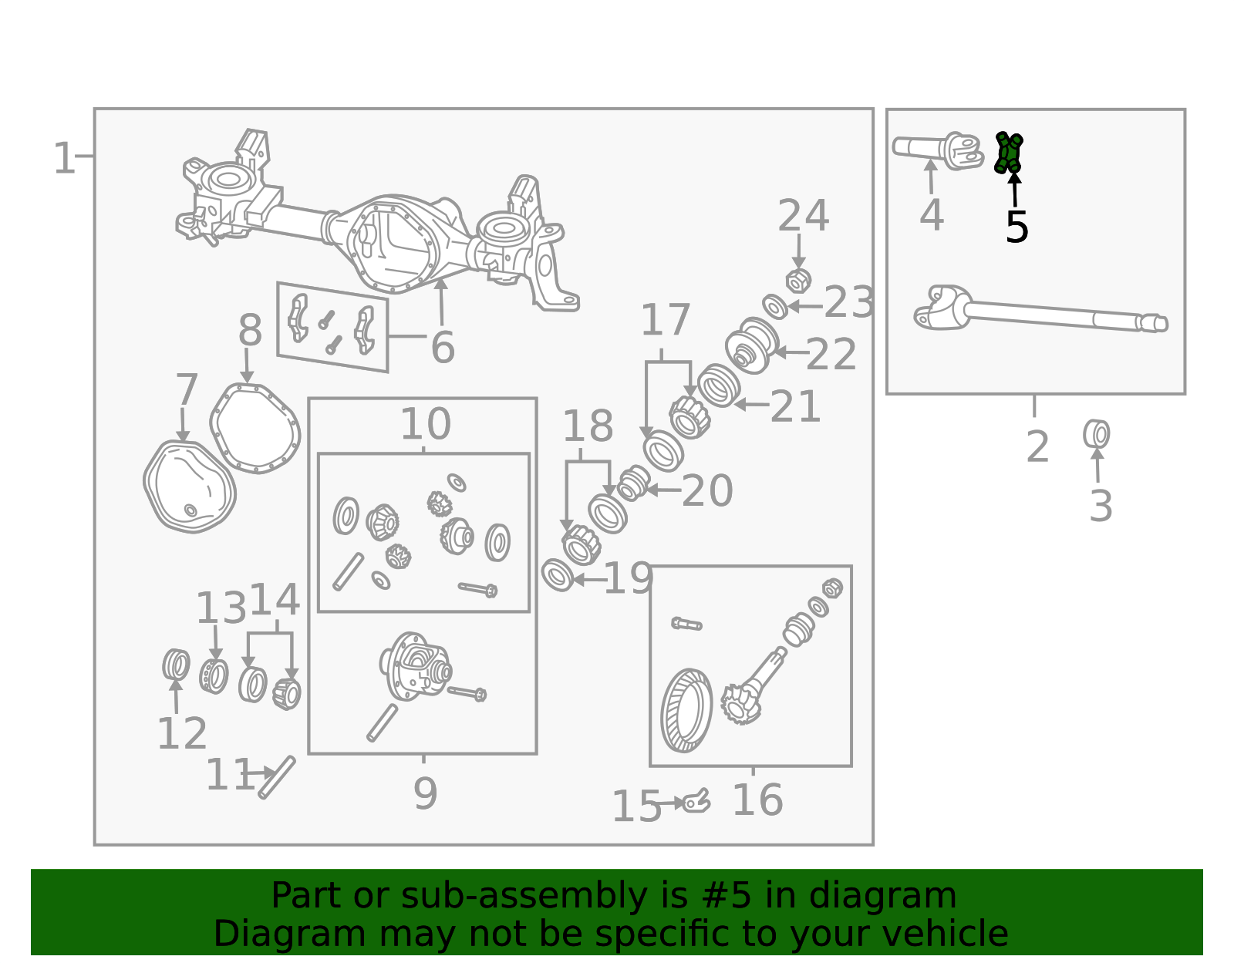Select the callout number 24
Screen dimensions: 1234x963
coord(803,216)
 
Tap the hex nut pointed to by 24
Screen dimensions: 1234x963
coord(798,281)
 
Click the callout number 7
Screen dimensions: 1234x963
coord(187,389)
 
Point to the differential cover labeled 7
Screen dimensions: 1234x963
coord(189,487)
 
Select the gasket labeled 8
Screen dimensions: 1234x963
coord(255,429)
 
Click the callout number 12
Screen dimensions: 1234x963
coord(182,734)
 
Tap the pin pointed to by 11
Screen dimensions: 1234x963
coord(277,777)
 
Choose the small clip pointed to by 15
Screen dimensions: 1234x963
coord(696,802)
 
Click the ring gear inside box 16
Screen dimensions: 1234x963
coord(686,710)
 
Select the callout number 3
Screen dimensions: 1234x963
coord(1100,505)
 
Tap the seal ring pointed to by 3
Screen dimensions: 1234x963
coord(1096,434)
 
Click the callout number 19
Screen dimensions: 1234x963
coord(628,578)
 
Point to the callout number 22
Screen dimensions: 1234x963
coord(831,354)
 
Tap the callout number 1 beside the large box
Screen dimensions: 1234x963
coord(63,158)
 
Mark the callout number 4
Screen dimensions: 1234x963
coord(932,215)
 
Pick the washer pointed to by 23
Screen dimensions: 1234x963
coord(775,307)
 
